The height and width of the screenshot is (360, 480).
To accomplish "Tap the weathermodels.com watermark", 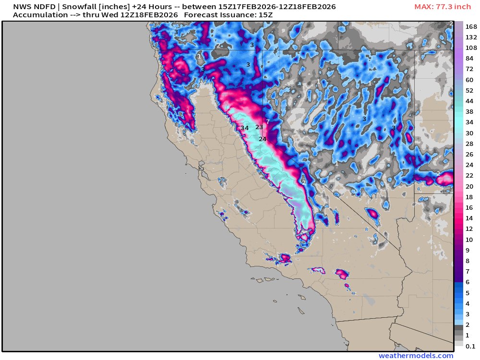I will tap(416, 356).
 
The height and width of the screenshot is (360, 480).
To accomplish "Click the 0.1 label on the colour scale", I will tap(470, 346).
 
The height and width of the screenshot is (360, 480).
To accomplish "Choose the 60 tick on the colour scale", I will tap(469, 80).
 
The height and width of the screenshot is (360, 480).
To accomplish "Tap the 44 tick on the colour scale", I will tap(469, 101).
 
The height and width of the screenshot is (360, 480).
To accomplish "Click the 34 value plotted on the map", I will tap(245, 128).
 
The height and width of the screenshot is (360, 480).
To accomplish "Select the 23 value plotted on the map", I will tap(259, 127).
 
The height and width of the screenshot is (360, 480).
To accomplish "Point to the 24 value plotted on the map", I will tap(263, 139).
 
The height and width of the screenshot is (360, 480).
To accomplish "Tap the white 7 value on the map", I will tap(268, 121).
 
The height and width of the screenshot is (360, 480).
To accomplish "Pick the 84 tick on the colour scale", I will tap(469, 58).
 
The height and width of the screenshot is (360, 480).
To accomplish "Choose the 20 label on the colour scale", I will tap(469, 186).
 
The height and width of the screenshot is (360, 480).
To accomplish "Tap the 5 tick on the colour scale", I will tap(468, 292).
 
